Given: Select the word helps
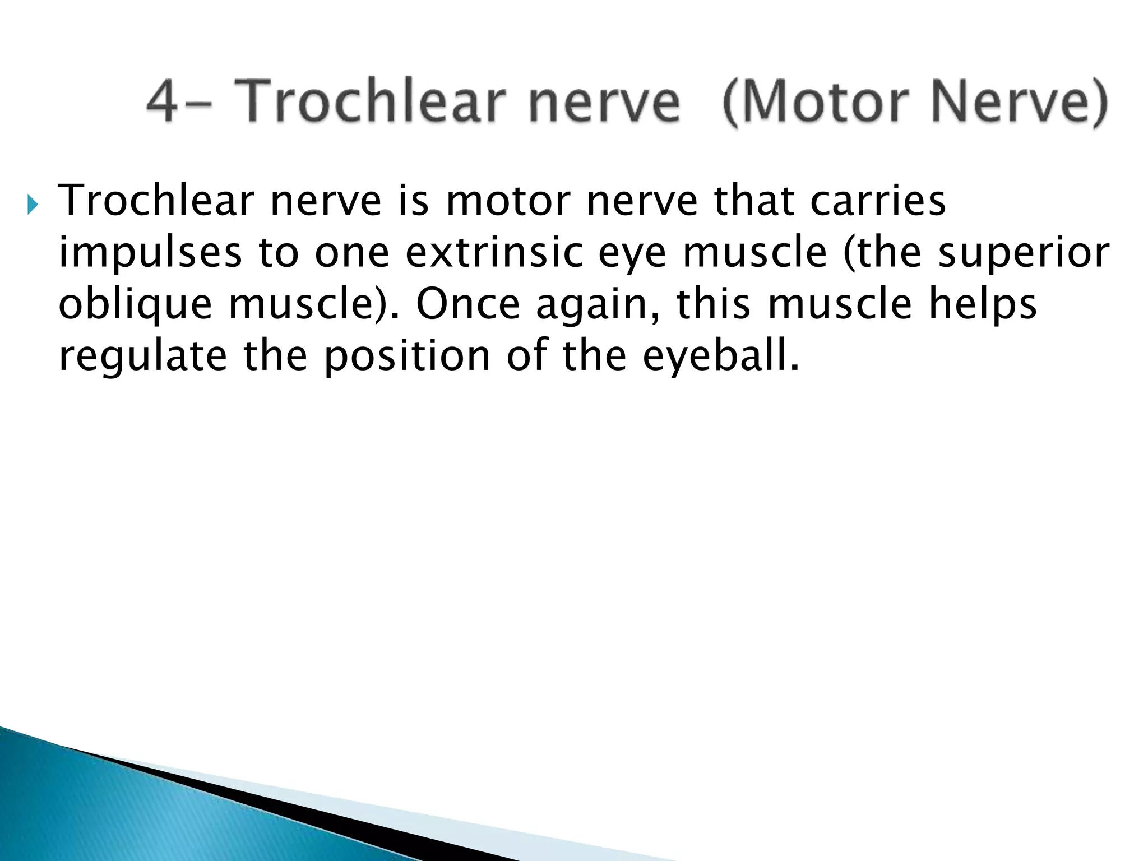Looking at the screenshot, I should click(983, 304).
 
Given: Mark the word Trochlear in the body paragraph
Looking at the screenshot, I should click(156, 200).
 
